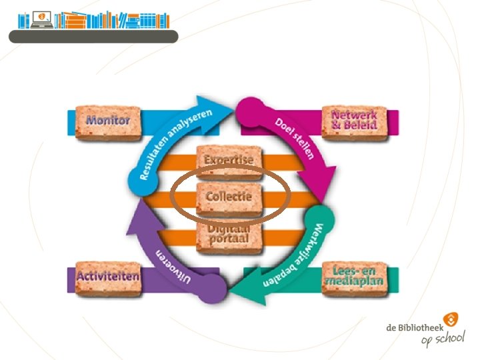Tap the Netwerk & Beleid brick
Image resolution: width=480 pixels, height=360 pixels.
(354, 121)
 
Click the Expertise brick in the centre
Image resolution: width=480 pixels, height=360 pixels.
(229, 161)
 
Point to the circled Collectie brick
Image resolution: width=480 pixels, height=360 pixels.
(229, 197)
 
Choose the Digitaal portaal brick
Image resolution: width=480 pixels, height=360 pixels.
(229, 233)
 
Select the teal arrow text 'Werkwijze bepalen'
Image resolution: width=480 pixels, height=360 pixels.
(293, 257)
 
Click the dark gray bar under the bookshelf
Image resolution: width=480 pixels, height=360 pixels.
(93, 37)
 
